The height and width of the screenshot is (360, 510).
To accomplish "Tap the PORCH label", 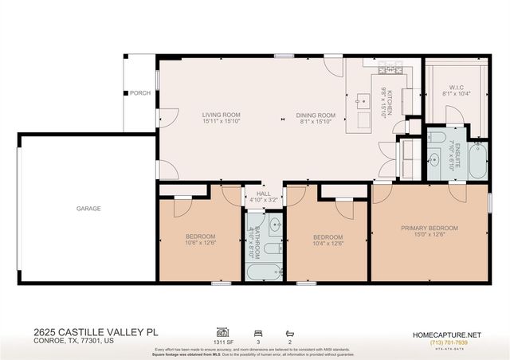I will coord(141,93).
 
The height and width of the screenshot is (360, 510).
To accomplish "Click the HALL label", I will coord(264,192).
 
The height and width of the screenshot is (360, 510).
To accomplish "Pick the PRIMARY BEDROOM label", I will coord(430,229).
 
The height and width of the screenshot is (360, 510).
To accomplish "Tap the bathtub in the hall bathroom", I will coord(263,272).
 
